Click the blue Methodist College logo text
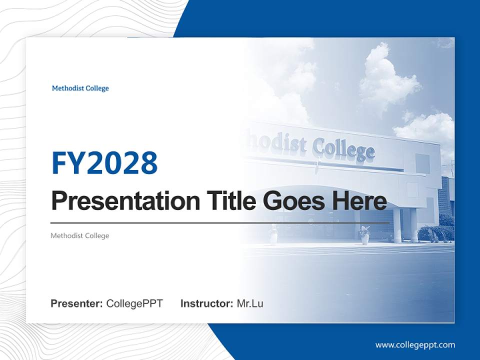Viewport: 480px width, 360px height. coord(80,88)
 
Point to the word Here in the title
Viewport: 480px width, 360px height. coord(359,201)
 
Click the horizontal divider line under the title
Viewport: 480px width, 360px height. coord(220,222)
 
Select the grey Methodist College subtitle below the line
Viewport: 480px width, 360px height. coord(79,235)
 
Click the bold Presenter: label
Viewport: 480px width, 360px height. coord(77,303)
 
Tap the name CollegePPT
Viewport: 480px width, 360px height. coord(134,303)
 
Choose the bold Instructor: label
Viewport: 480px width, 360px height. coord(206,303)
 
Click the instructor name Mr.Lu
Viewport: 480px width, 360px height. coord(249,303)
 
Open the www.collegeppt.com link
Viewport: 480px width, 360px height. coord(415,345)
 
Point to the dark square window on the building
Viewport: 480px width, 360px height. coord(422,163)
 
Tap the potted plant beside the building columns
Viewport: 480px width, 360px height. coord(364,234)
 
